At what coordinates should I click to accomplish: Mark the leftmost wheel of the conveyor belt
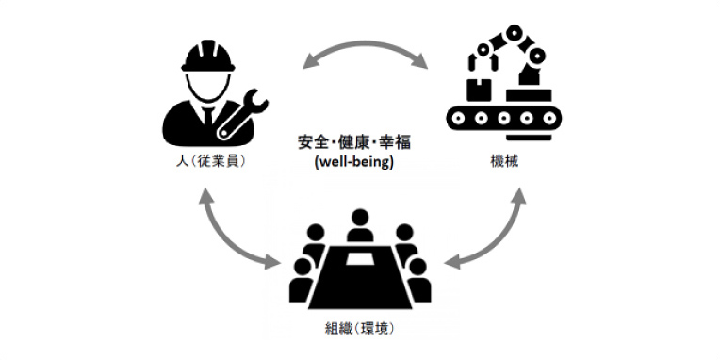coord(460,120)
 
